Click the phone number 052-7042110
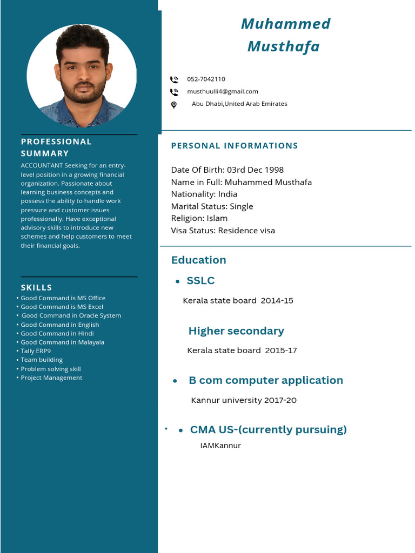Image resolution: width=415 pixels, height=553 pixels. coord(206,79)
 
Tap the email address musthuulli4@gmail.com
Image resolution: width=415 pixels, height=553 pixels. coord(222,91)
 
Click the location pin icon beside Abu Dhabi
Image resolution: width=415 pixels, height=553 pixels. coord(174,105)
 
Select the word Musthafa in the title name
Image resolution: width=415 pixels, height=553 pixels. coord(283,46)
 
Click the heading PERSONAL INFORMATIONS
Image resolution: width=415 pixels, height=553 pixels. coord(235,146)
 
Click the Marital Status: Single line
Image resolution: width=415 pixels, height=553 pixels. coord(212,206)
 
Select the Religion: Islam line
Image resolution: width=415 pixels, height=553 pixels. coord(199,218)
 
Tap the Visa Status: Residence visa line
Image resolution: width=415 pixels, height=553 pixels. coord(223,231)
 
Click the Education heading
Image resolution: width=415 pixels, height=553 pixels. coord(198,260)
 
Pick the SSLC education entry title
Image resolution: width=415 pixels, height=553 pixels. coord(200,280)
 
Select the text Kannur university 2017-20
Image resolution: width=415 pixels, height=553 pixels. coord(244,400)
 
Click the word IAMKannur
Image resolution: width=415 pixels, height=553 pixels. coord(220,446)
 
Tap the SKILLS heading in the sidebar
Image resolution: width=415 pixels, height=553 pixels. coord(36,287)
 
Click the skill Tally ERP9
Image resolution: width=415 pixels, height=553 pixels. coord(36,351)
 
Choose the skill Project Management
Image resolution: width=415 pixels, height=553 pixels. coord(51,377)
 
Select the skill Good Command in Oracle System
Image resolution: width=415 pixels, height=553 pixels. coord(71,315)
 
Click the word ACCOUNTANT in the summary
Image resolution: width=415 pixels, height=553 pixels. coord(42,166)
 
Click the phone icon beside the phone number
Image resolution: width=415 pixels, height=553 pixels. coord(174,79)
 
